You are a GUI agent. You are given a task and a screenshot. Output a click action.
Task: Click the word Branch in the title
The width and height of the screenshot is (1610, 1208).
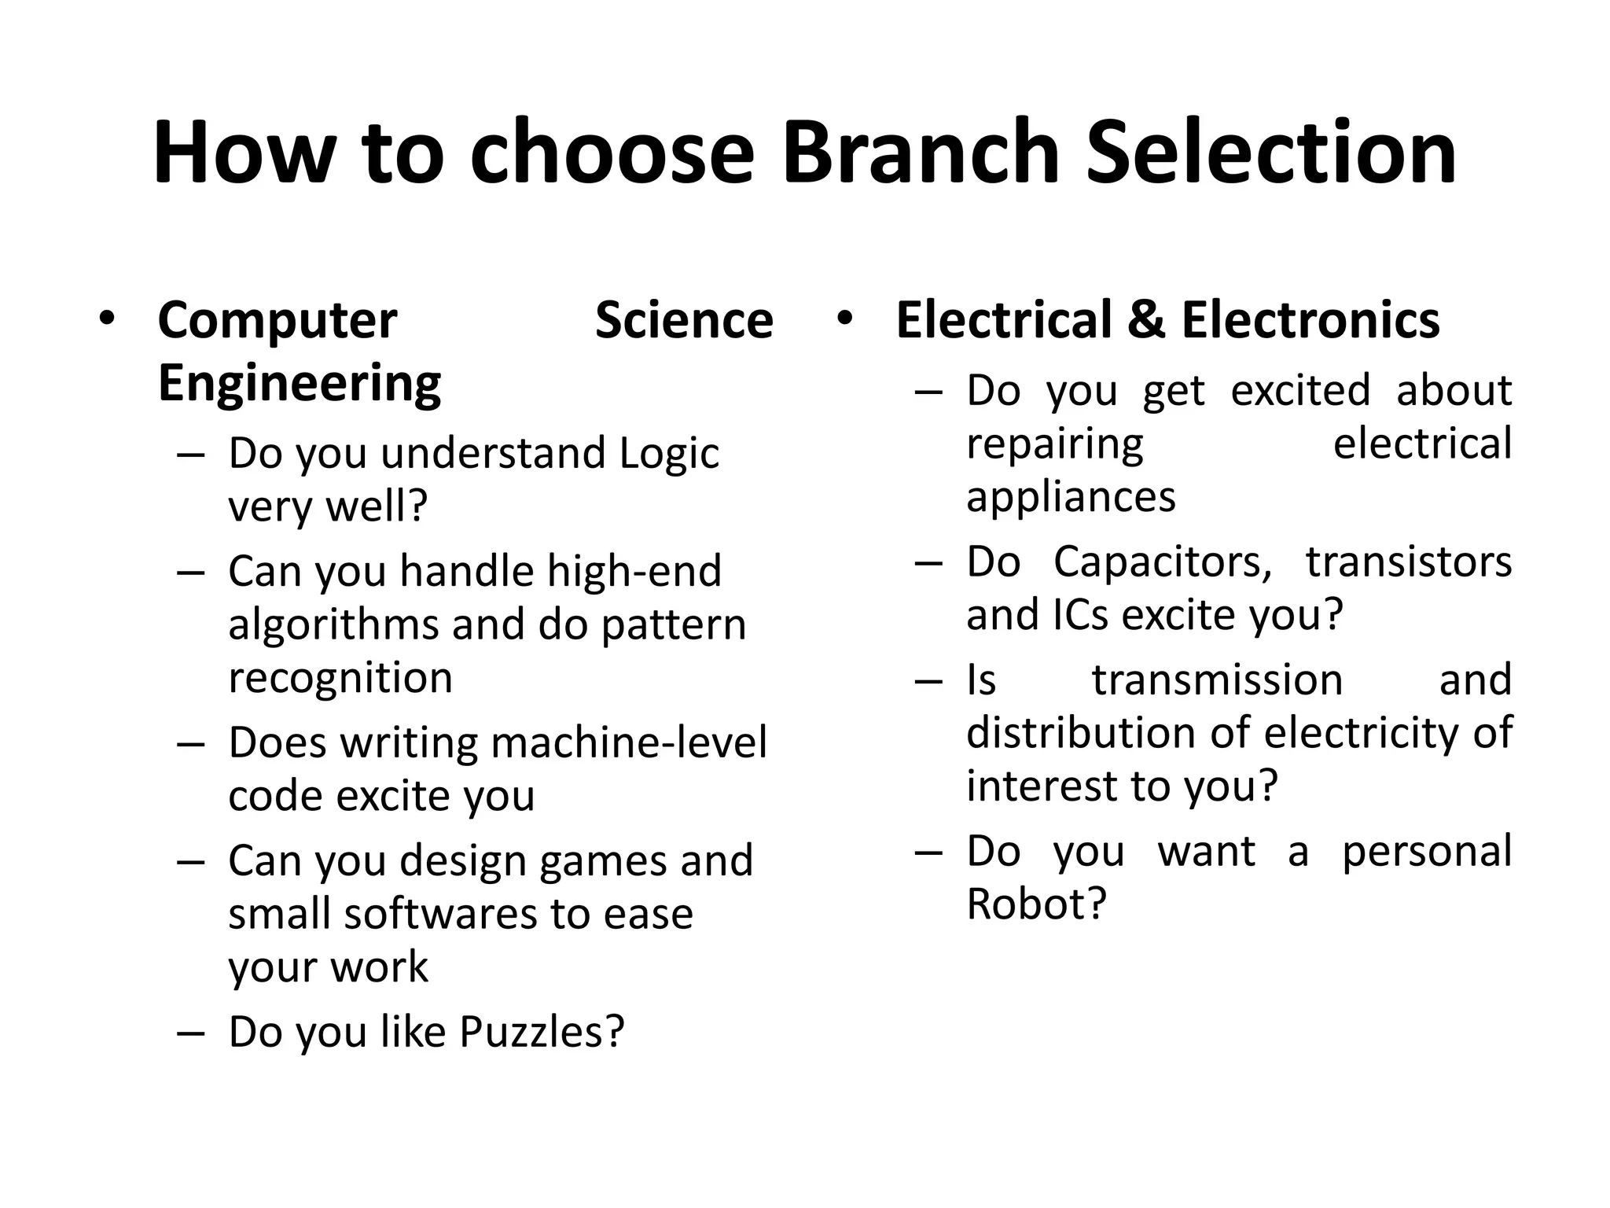point(920,153)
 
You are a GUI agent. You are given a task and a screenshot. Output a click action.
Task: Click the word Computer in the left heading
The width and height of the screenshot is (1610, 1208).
point(277,322)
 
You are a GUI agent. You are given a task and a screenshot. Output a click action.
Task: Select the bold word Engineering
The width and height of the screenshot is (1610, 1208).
point(299,384)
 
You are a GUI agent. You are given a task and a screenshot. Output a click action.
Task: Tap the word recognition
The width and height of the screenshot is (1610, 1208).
point(340,678)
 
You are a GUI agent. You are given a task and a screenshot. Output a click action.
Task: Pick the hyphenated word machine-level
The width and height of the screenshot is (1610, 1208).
point(628,742)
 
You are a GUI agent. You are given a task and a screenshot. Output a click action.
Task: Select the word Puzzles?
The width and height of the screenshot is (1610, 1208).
point(542,1032)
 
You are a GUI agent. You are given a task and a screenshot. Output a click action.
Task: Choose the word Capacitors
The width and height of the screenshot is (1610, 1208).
point(1162,562)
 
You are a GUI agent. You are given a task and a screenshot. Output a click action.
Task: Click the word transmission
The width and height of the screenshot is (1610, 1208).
point(1217,680)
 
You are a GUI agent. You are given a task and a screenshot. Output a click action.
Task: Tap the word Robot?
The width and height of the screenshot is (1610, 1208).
point(1036,904)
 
